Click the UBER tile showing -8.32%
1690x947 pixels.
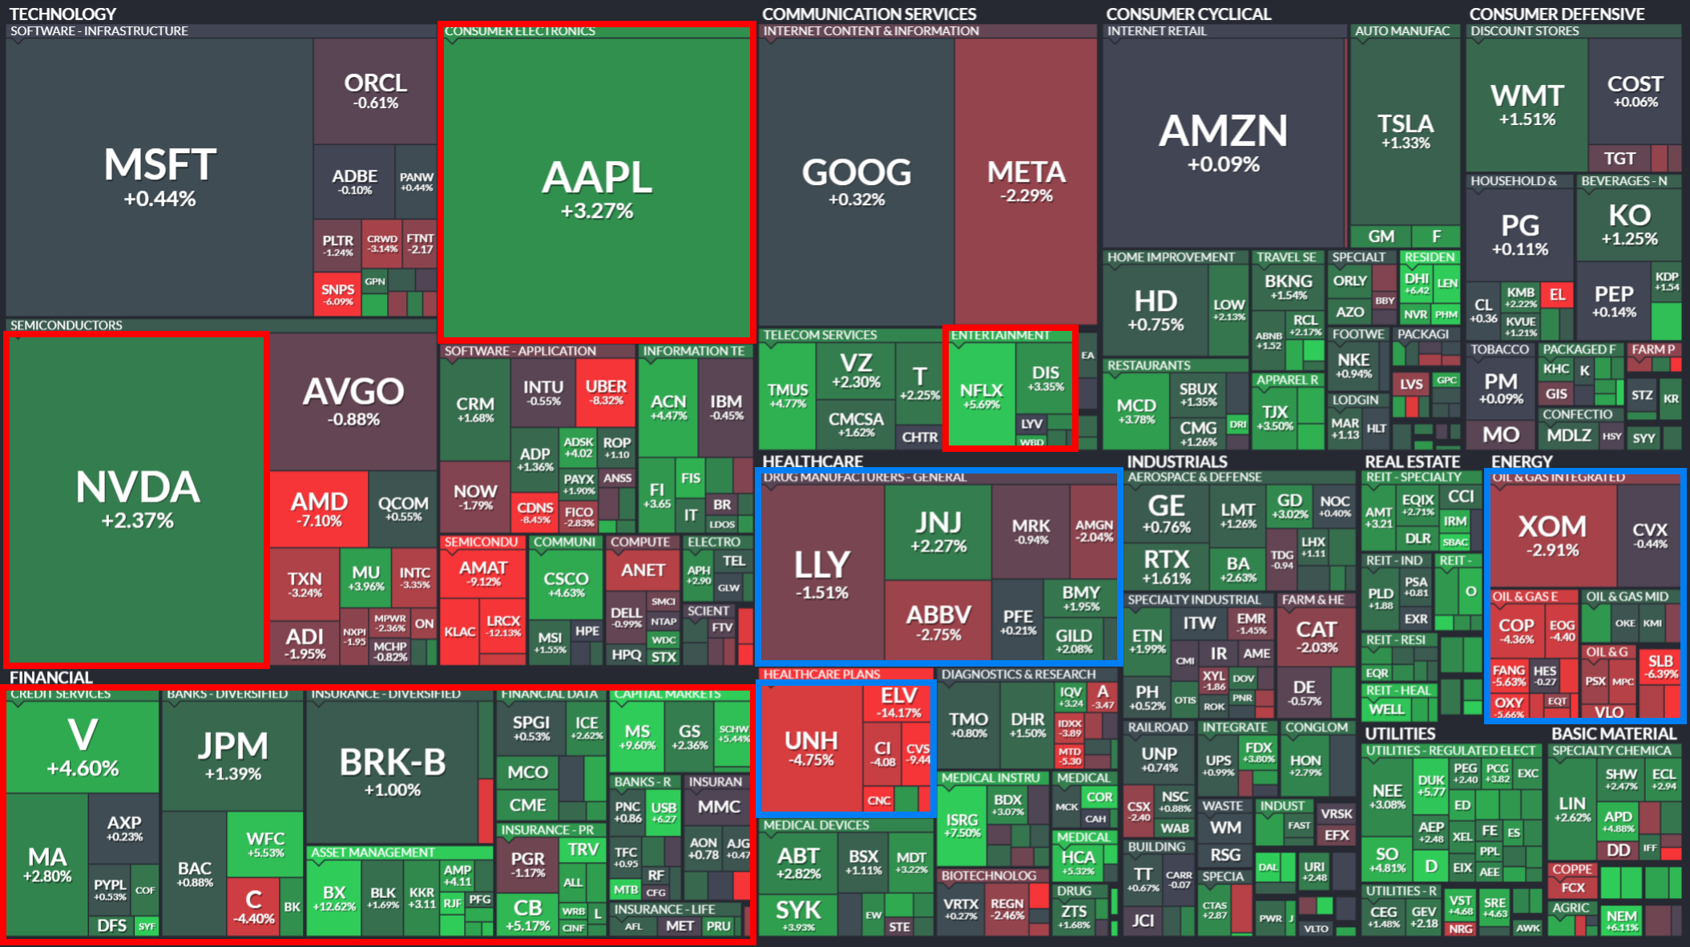tap(607, 393)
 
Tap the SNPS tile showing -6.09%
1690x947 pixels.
tap(337, 294)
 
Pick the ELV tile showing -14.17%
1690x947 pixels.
tap(898, 702)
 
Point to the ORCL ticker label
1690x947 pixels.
tap(375, 83)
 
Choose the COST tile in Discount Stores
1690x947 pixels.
tap(1635, 91)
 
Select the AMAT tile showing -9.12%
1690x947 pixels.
tap(483, 573)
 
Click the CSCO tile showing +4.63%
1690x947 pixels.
tap(566, 584)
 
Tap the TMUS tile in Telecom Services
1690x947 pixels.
tap(788, 395)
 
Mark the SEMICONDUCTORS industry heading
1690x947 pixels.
tap(67, 325)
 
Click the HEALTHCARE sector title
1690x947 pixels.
tap(813, 461)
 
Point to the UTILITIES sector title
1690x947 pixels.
tap(1400, 734)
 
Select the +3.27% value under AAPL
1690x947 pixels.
tap(597, 212)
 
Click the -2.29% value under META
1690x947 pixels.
tap(1027, 195)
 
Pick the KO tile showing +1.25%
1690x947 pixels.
tap(1629, 224)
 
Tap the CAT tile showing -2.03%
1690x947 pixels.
tap(1316, 636)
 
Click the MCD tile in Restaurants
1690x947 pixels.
tap(1136, 411)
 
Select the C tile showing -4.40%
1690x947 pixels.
tap(253, 906)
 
